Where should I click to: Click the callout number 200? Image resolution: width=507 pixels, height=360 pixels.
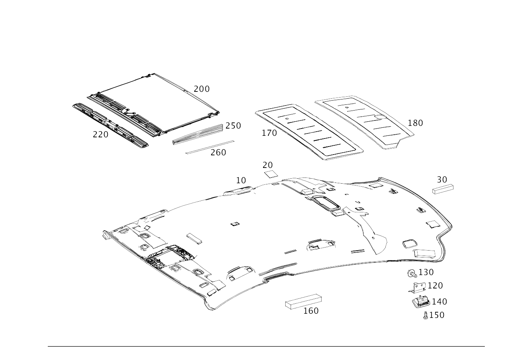[x=201, y=89]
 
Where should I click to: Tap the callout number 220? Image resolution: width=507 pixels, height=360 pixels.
[x=101, y=135]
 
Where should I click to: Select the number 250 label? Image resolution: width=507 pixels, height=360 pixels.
[x=233, y=125]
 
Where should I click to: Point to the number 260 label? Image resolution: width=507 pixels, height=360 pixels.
[x=218, y=153]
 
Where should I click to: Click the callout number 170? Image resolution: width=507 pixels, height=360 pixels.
[x=269, y=133]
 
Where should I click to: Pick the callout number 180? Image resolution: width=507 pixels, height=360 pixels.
[x=415, y=123]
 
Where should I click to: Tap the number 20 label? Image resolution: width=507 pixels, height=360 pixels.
[x=268, y=165]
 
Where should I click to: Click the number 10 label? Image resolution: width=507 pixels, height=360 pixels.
[x=241, y=181]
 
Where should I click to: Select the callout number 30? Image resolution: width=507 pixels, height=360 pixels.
[x=442, y=180]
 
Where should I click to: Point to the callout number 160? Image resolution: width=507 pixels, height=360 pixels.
[x=311, y=311]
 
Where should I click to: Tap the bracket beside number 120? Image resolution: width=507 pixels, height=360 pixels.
[x=417, y=287]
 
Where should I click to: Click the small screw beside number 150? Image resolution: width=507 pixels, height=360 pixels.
[x=426, y=315]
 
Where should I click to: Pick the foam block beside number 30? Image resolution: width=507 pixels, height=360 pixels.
[x=443, y=189]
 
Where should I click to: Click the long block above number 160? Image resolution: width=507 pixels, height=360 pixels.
[x=304, y=301]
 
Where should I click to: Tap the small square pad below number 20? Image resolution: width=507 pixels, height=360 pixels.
[x=271, y=174]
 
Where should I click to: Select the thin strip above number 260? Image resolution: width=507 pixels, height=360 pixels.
[x=210, y=147]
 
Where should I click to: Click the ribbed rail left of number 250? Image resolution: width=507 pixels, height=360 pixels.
[x=198, y=135]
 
